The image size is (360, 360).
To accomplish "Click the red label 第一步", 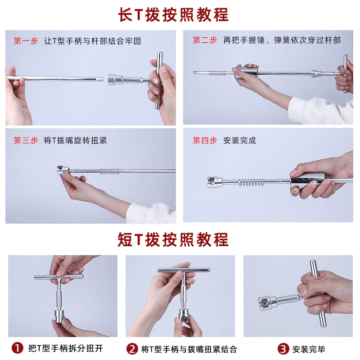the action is [26, 41].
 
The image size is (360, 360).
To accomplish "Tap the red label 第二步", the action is [205, 40].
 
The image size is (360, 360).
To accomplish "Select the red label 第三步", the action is [26, 140].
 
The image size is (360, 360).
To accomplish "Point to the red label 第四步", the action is [205, 140].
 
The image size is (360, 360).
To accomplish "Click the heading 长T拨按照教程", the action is [173, 15].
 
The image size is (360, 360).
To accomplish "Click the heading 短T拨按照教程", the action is [173, 239].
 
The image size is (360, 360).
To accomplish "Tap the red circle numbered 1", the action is [18, 348].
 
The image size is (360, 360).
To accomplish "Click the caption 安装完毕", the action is [309, 349].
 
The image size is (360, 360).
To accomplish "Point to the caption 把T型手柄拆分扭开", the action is [65, 348].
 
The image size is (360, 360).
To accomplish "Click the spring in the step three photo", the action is [110, 171].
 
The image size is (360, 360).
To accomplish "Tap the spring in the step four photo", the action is [251, 182].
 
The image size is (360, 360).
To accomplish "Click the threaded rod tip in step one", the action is [100, 80].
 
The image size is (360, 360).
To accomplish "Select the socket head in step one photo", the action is [115, 80].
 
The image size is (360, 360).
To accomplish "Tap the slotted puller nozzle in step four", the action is [215, 182].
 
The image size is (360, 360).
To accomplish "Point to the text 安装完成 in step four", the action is [240, 140].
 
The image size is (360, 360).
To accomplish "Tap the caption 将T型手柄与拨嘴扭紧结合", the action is [189, 349].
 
